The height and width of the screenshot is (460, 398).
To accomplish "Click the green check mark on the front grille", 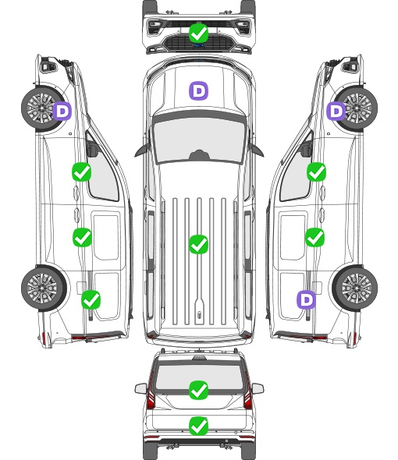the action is (x=198, y=33).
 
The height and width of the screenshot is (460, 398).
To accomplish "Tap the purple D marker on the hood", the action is (x=198, y=90).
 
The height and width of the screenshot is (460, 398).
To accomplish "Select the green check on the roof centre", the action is (x=198, y=244).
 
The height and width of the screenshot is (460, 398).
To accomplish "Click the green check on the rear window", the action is (x=198, y=390).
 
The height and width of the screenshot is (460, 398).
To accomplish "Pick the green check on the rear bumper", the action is (x=198, y=426).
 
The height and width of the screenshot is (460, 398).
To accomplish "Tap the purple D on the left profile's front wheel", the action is (x=62, y=111).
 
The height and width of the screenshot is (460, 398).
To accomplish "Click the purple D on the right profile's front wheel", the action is (x=336, y=111).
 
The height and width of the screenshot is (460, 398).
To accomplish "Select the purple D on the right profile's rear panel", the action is (x=307, y=299).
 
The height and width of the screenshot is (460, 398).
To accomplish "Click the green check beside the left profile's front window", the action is (x=82, y=172).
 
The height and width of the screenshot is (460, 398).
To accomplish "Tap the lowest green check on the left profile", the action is (x=91, y=299).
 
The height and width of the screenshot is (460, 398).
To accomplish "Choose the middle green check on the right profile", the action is (x=315, y=237).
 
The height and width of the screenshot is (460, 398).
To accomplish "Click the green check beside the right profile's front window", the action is (x=316, y=172).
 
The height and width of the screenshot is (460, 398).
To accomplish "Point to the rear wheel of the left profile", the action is (x=44, y=288).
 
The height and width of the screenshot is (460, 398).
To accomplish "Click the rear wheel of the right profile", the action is (x=355, y=288).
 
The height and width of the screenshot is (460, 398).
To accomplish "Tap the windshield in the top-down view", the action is (x=199, y=140).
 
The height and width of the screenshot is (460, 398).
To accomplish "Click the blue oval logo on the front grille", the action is (x=198, y=45).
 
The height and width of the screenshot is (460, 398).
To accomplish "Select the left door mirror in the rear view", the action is (x=140, y=388).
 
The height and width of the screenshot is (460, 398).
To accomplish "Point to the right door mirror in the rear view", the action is (x=258, y=388).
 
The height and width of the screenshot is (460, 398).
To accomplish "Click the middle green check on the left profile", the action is (x=82, y=237).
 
